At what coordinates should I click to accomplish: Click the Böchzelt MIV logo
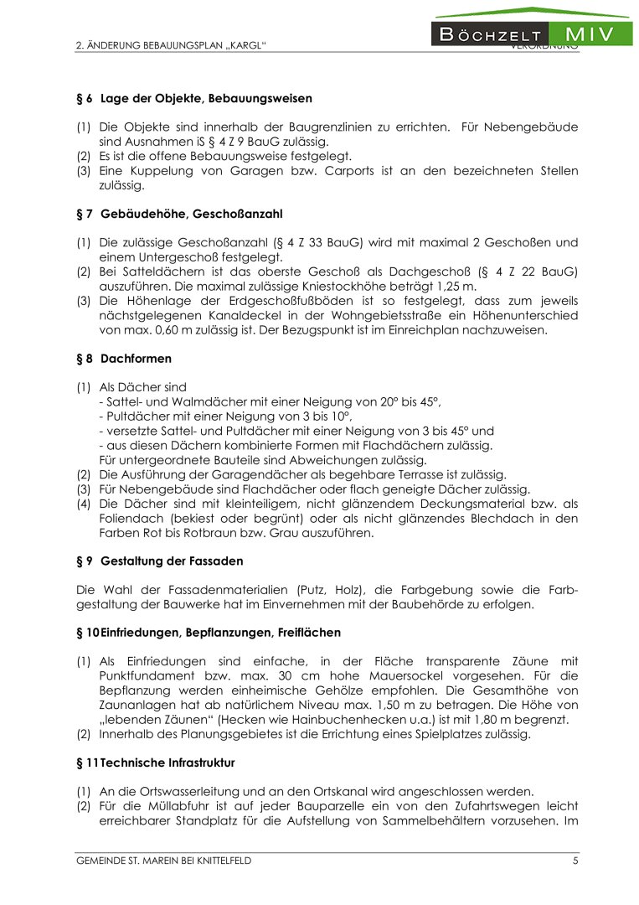[532, 34]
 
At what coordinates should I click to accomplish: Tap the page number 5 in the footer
[575, 861]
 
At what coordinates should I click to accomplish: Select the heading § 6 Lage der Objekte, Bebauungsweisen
[194, 98]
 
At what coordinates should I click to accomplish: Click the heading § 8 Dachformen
[124, 359]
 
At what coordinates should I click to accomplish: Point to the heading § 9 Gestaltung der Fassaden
[160, 561]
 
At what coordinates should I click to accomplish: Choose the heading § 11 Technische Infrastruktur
[156, 763]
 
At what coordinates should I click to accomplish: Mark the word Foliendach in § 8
[128, 518]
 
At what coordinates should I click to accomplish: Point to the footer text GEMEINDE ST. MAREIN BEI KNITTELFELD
[163, 861]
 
